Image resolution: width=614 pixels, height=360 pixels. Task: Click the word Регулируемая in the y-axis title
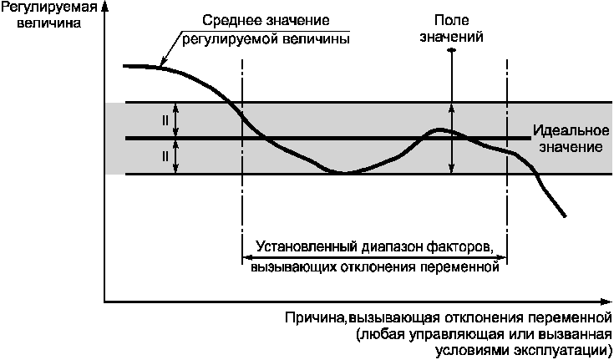pyautogui.click(x=39, y=8)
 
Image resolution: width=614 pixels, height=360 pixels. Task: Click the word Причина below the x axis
pyautogui.click(x=314, y=317)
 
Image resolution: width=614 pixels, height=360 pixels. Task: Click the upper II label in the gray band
pyautogui.click(x=165, y=120)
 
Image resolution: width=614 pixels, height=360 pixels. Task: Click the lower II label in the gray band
pyautogui.click(x=165, y=155)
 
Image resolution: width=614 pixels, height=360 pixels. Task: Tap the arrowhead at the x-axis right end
pyautogui.click(x=606, y=301)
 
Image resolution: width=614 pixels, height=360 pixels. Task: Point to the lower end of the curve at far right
pyautogui.click(x=566, y=217)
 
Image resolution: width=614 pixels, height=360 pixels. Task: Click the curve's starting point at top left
pyautogui.click(x=124, y=65)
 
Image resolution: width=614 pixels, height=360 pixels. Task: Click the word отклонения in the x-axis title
pyautogui.click(x=472, y=317)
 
